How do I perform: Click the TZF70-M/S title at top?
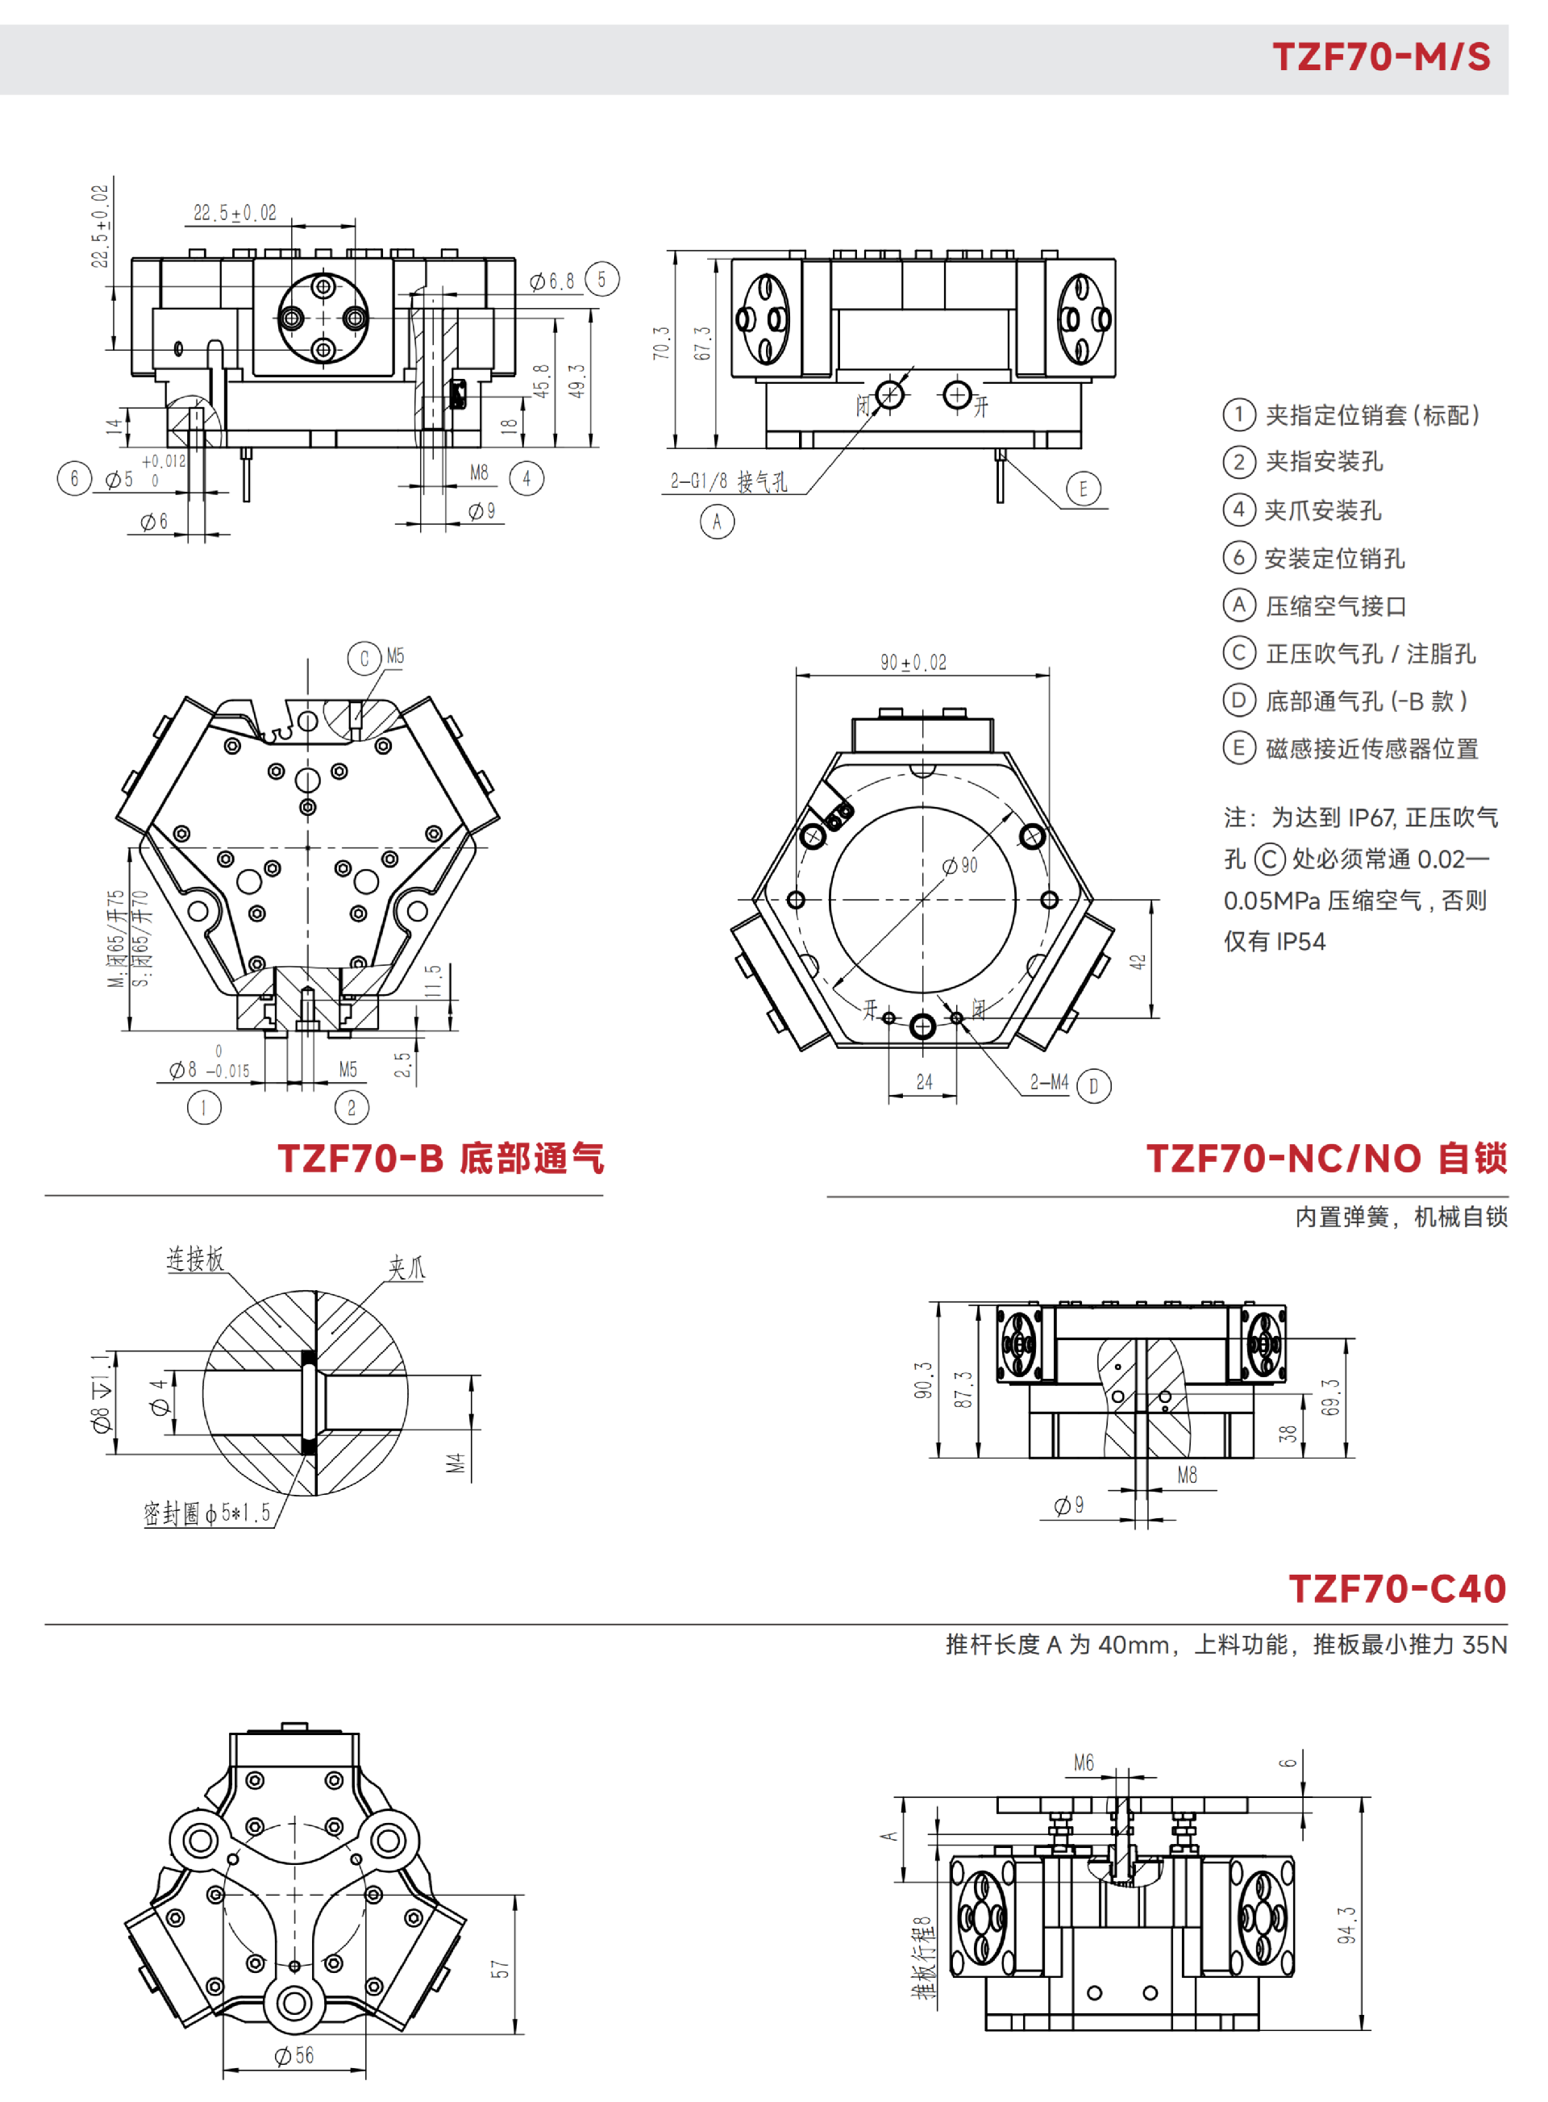tap(1380, 57)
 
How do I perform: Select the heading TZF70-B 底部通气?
tap(440, 1159)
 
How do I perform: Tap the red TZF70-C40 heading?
tap(1396, 1588)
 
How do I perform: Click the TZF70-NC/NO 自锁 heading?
tap(1326, 1159)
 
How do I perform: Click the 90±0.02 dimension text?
tap(913, 663)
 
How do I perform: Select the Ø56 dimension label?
tap(294, 2055)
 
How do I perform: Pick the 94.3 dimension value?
tap(1346, 1925)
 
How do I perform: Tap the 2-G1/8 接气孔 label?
tap(728, 481)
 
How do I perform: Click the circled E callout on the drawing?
tap(1084, 489)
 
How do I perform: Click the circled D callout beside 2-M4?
tap(1093, 1086)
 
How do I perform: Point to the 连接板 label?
tap(195, 1259)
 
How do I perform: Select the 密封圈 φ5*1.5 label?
tap(206, 1513)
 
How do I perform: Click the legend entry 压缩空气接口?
tap(1335, 606)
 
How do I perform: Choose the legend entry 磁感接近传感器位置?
tap(1371, 749)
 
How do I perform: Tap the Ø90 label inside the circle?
tap(960, 865)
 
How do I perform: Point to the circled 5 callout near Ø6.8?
tap(601, 279)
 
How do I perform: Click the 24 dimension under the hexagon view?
tap(924, 1081)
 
